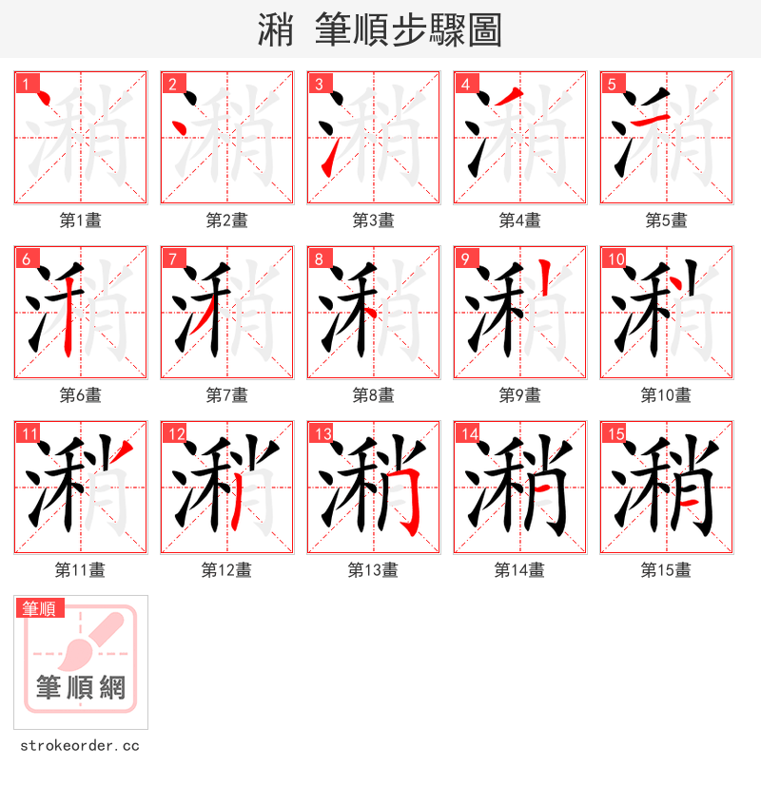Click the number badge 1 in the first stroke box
[x=26, y=85]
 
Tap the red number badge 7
[x=172, y=259]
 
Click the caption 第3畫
[x=373, y=220]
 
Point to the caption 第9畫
[x=519, y=395]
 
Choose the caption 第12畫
[x=226, y=570]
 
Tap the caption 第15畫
[x=666, y=570]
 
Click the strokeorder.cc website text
[x=79, y=746]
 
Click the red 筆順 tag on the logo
[x=40, y=608]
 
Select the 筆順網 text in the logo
[x=81, y=687]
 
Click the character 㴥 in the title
[x=276, y=30]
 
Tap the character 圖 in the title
[x=485, y=30]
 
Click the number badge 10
[x=615, y=259]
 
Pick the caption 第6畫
[x=80, y=395]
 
